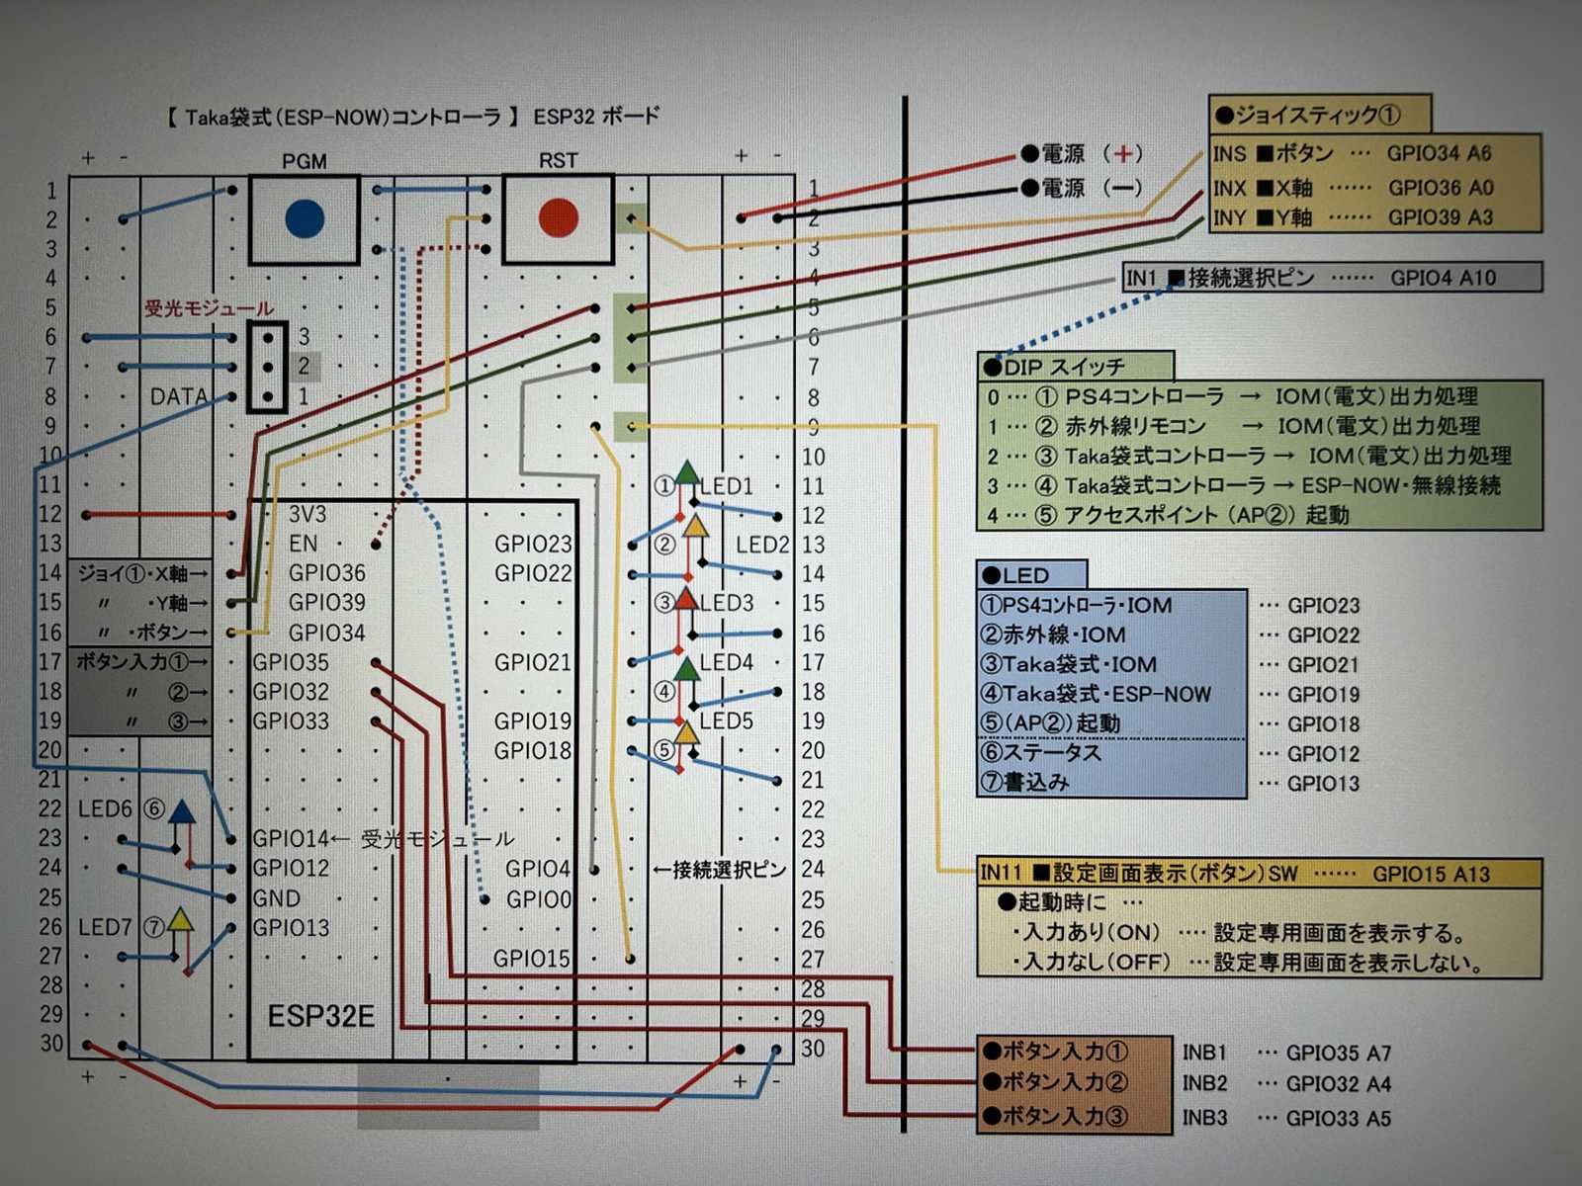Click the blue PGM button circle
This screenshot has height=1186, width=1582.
click(305, 218)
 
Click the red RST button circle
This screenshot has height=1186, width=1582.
click(559, 218)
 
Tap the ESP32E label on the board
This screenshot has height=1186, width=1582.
click(320, 1016)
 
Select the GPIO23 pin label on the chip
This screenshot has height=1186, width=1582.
click(533, 544)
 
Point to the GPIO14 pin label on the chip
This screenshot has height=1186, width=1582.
click(290, 838)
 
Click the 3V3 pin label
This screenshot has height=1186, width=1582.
click(307, 514)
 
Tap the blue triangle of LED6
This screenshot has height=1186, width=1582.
click(182, 812)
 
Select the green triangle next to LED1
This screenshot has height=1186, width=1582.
click(687, 472)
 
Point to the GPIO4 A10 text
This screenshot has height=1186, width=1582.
click(1443, 278)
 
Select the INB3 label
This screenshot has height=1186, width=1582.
click(1204, 1118)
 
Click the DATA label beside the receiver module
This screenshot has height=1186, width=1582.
click(179, 396)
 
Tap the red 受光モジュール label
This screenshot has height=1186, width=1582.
click(209, 308)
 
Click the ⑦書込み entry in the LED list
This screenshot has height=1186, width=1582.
click(1024, 782)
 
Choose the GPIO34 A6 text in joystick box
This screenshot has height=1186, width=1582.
click(1439, 153)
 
